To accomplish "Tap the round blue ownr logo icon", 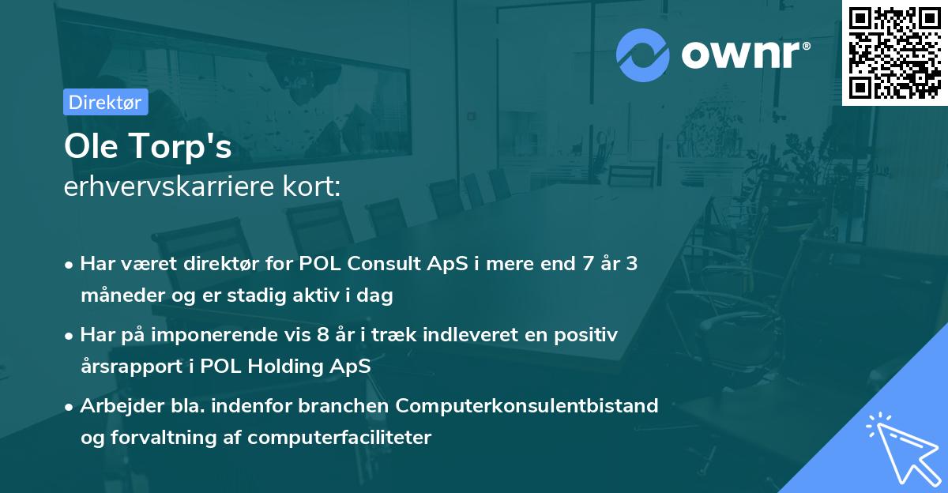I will click(x=643, y=55).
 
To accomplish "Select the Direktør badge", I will click(x=105, y=102).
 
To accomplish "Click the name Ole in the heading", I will click(x=91, y=147).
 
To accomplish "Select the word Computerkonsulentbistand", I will click(x=527, y=406).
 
